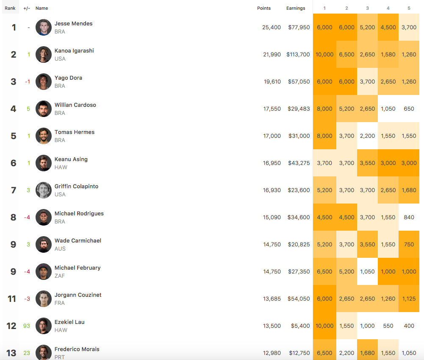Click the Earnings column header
296,8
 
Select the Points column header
264,8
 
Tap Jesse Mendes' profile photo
44,27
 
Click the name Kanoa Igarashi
74,50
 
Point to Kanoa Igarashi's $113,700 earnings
298,54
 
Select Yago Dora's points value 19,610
272,81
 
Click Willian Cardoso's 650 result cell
409,109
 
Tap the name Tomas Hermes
75,132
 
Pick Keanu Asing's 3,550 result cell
367,163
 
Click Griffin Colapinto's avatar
44,190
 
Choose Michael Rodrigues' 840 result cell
409,217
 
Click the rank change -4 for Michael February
27,271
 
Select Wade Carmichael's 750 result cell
409,244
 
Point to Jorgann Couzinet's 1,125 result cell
409,299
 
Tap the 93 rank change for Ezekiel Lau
26,326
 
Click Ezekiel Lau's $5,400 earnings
301,326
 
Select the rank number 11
11,299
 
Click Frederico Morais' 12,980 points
272,353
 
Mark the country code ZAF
60,276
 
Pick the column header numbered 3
367,8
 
